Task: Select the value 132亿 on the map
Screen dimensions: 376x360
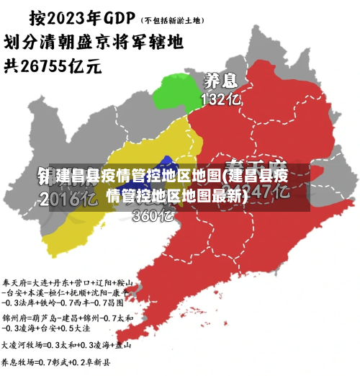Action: [220, 99]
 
